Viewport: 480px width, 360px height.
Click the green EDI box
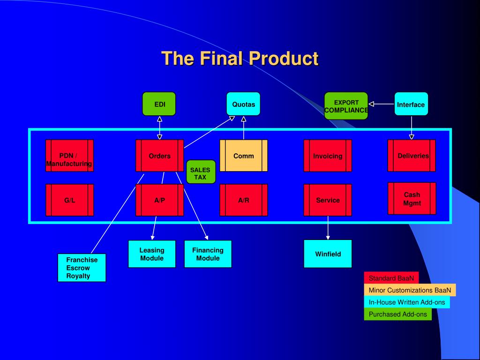click(x=159, y=104)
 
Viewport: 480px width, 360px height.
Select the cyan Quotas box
click(x=243, y=104)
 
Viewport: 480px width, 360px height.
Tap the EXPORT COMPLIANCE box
click(x=346, y=106)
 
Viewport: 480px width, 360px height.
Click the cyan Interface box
click(x=411, y=104)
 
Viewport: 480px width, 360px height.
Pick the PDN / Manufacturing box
click(x=69, y=156)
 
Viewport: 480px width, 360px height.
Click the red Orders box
click(x=159, y=156)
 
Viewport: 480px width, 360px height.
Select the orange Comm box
click(x=244, y=156)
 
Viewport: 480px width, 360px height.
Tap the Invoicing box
click(x=328, y=156)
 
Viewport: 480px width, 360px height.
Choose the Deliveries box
click(x=412, y=156)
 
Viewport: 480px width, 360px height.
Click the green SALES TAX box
click(x=201, y=172)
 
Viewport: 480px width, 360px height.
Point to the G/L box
click(x=69, y=200)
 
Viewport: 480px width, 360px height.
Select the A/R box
click(x=244, y=200)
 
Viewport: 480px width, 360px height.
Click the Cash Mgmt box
click(x=412, y=199)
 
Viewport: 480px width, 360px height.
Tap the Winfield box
click(x=328, y=254)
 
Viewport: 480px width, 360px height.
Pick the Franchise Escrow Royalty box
click(x=82, y=268)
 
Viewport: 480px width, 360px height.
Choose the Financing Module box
click(x=208, y=254)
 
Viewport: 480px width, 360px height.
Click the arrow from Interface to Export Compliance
click(x=382, y=104)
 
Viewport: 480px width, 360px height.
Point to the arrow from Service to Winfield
click(x=328, y=228)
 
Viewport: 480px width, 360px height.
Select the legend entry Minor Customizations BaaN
click(x=410, y=290)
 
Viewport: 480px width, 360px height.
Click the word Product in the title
click(x=284, y=58)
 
